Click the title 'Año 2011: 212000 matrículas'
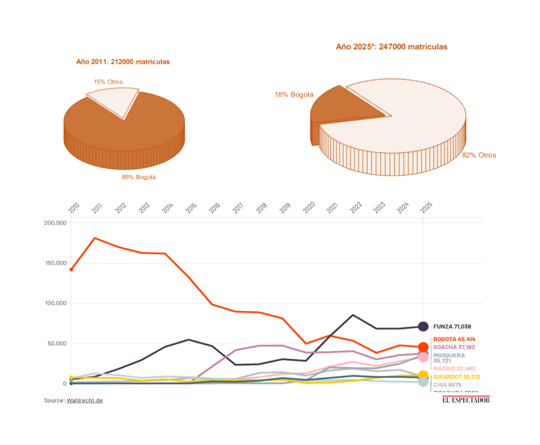pos(122,62)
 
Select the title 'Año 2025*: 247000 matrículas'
pos(391,46)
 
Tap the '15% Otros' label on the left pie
pos(108,81)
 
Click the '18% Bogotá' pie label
pos(293,94)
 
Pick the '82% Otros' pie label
pos(479,155)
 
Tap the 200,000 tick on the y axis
pos(55,223)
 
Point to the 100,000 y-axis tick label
pos(55,303)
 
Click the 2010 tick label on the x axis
pos(74,208)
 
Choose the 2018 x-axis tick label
pos(261,208)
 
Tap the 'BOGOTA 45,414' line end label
pos(454,339)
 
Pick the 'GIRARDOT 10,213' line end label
pos(457,377)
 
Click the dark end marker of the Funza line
pos(423,327)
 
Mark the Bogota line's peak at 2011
pos(94,238)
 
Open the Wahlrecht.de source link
pos(85,400)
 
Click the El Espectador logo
pos(466,399)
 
